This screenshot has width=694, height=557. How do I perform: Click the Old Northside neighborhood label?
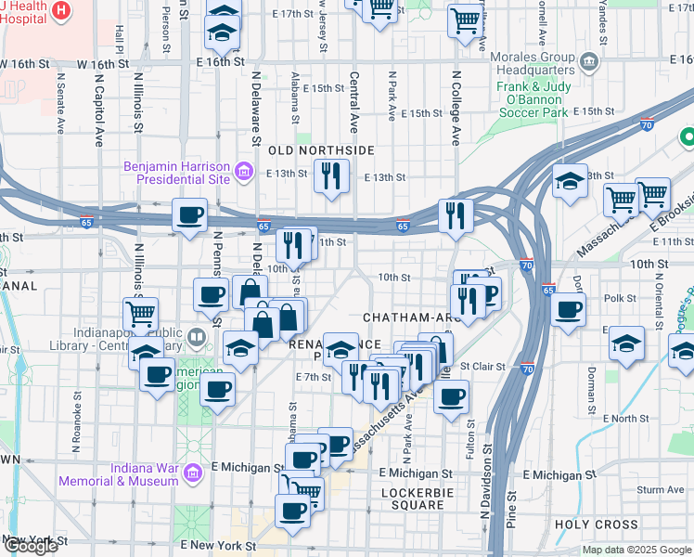[x=321, y=149]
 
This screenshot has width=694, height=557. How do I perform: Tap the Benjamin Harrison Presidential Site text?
[x=175, y=172]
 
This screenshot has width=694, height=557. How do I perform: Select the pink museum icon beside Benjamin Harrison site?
[x=243, y=171]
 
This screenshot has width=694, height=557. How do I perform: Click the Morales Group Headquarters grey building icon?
[x=588, y=63]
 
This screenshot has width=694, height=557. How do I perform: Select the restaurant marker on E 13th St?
[x=331, y=175]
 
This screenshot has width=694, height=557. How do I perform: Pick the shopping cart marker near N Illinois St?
[x=141, y=315]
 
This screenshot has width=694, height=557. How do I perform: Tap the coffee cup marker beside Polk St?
[x=568, y=310]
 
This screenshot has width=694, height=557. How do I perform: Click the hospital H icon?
[x=61, y=10]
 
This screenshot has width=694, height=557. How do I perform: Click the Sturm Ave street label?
[x=661, y=489]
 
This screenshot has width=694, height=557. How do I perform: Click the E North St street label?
[x=623, y=419]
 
